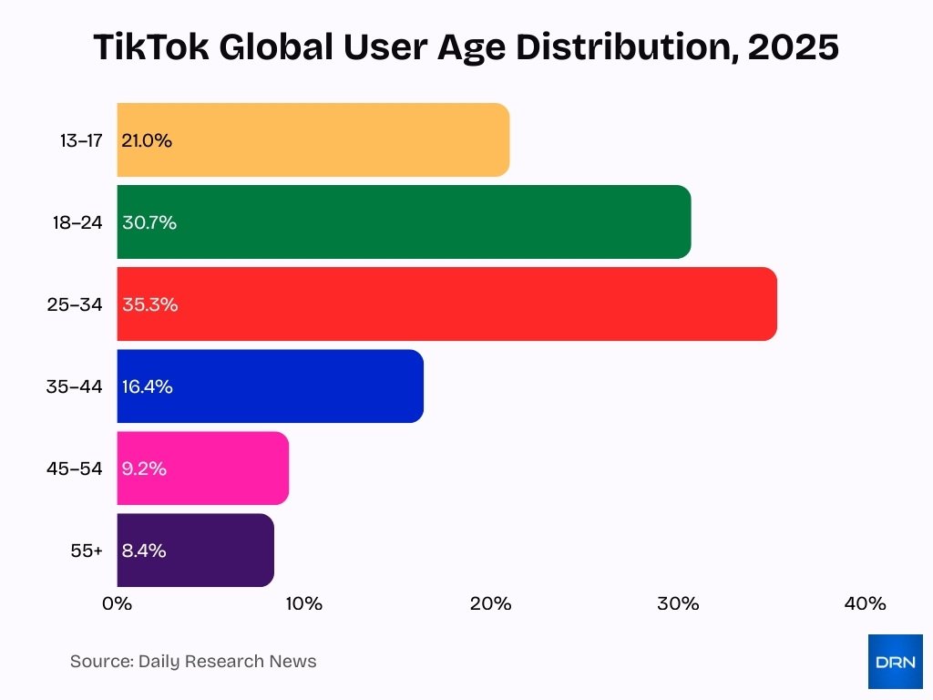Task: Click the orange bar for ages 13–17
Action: pos(313,140)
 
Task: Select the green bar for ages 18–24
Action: pos(404,222)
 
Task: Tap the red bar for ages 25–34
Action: pos(446,304)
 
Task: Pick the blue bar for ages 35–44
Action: pos(270,386)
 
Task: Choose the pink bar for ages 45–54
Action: pos(202,468)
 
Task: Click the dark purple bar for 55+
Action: pos(195,551)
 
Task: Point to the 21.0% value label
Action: pos(147,140)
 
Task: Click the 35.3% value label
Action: pos(149,304)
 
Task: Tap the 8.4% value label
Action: pos(144,551)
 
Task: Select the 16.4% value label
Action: pos(147,386)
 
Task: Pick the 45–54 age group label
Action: pos(75,468)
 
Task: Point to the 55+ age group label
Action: pos(87,551)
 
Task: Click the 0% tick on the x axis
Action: pos(118,603)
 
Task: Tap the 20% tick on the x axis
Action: pos(491,603)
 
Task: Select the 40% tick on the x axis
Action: pos(865,603)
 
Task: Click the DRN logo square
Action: pos(895,662)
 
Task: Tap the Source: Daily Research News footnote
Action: pos(193,662)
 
